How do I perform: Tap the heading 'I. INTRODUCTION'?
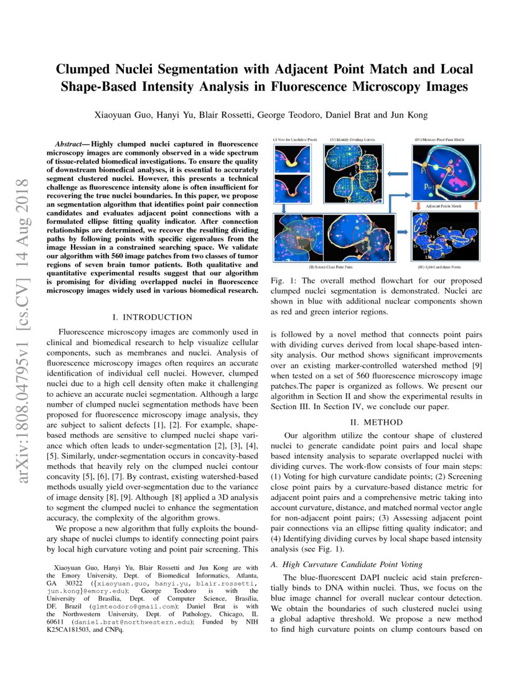(x=152, y=318)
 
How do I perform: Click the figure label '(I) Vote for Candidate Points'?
(x=295, y=140)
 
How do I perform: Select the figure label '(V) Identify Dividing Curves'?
(x=353, y=140)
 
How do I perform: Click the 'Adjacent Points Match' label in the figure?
(x=442, y=204)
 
